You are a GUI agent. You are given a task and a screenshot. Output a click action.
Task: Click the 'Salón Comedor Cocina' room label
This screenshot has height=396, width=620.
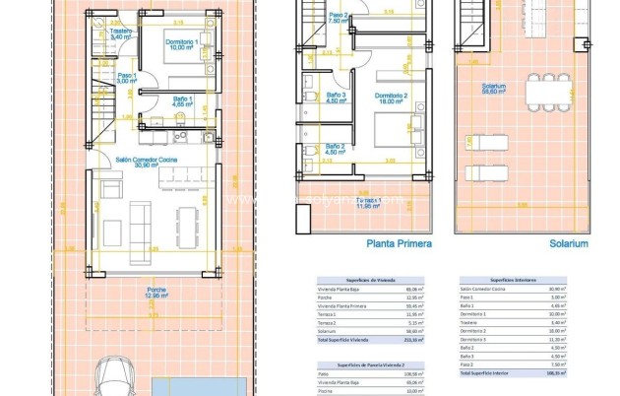coord(147,160)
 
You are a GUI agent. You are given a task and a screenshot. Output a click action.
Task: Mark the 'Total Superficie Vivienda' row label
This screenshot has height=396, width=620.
coord(332,339)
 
